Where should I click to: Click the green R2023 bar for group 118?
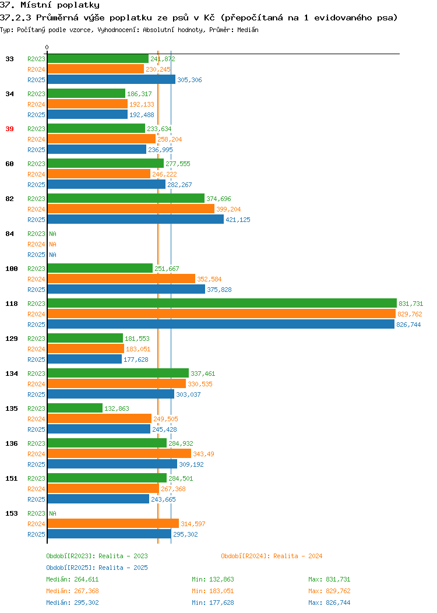(x=222, y=304)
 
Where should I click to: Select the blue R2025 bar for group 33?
(x=111, y=80)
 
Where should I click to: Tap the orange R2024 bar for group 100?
(x=121, y=279)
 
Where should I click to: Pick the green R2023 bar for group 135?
(x=75, y=408)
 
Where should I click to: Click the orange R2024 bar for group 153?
(x=113, y=523)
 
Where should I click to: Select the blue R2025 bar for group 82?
(x=136, y=219)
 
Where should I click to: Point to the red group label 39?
(x=9, y=129)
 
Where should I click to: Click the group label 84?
(x=9, y=234)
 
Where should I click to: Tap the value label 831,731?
(x=411, y=304)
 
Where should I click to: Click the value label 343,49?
(x=204, y=454)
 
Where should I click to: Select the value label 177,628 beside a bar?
(x=136, y=360)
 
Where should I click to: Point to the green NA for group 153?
(x=53, y=513)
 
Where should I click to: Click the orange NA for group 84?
(x=53, y=244)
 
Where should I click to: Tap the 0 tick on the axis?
(x=47, y=48)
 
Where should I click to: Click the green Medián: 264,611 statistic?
(x=72, y=579)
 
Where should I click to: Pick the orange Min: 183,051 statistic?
(x=213, y=591)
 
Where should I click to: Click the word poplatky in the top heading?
(x=78, y=5)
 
